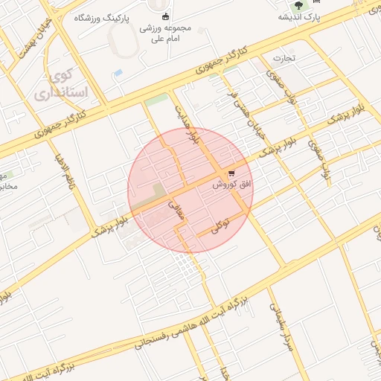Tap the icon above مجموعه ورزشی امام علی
click(x=165, y=17)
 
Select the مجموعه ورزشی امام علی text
click(x=165, y=33)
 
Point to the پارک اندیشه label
click(x=300, y=16)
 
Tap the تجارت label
click(x=283, y=57)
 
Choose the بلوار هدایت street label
click(x=185, y=124)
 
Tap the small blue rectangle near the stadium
click(x=118, y=73)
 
